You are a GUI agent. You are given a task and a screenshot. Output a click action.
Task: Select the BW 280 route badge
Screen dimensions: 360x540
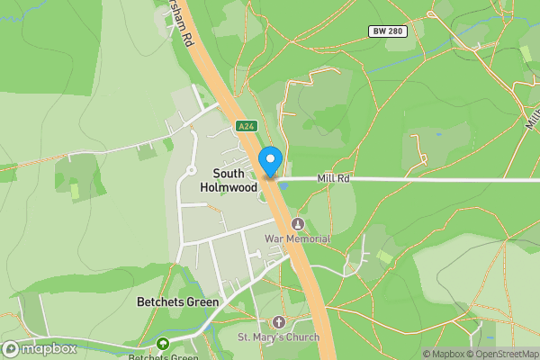pos(388,31)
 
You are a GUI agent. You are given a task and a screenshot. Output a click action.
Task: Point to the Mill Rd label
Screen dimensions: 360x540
pos(333,179)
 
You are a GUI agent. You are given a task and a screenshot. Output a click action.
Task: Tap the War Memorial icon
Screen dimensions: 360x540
pos(298,224)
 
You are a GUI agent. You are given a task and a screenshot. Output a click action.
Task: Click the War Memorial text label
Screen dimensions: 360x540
pos(297,238)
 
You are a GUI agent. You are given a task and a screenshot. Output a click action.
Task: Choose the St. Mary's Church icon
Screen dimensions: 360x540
pos(278,322)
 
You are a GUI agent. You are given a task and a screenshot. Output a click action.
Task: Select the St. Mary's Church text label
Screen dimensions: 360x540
pos(278,337)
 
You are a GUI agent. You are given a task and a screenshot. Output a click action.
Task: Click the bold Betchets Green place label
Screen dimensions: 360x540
pos(177,302)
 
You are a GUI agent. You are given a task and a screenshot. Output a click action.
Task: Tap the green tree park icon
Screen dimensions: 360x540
pos(163,344)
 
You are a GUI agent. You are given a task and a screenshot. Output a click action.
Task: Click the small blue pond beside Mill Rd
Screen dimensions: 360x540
pos(283,186)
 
